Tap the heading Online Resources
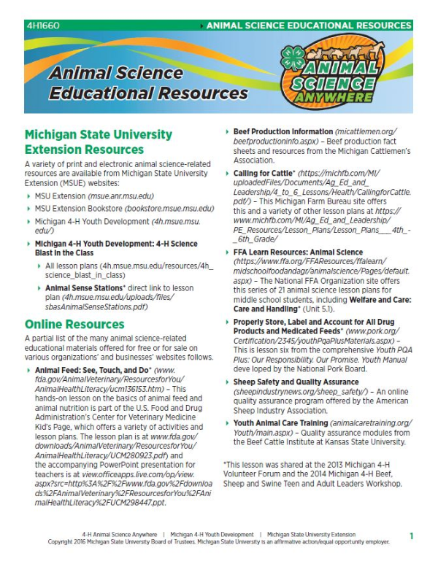point(74,324)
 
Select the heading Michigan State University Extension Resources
point(99,142)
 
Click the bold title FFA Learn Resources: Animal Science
point(298,252)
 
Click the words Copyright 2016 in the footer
point(70,543)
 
